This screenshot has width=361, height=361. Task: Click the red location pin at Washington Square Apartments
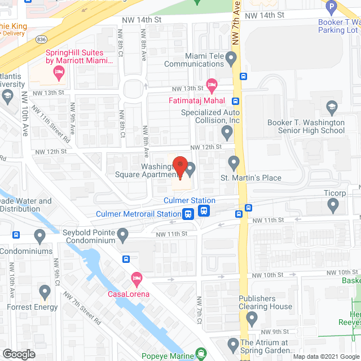click(179, 167)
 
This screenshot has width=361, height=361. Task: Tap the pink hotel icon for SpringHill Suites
click(58, 72)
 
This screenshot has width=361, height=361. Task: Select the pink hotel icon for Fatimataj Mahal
click(212, 86)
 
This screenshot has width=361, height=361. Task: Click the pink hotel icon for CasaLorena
click(136, 278)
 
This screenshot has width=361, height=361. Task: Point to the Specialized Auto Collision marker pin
click(227, 133)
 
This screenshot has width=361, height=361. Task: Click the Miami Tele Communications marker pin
click(231, 58)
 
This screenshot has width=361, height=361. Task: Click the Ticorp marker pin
click(333, 207)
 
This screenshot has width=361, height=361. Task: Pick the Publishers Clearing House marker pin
click(252, 320)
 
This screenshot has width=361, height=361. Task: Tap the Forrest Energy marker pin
click(46, 292)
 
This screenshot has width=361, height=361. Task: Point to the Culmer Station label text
click(190, 200)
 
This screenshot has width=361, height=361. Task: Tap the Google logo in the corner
click(18, 354)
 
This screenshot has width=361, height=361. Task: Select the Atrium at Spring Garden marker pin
click(232, 344)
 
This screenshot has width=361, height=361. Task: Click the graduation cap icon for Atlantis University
click(7, 96)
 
